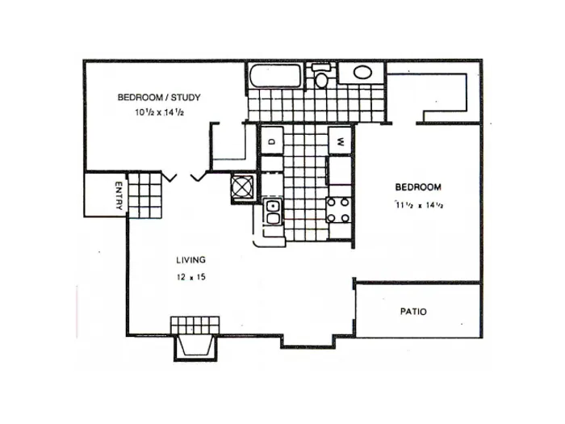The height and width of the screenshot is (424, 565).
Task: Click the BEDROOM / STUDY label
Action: pyautogui.click(x=159, y=98)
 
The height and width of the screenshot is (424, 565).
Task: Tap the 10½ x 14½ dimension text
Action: pyautogui.click(x=161, y=112)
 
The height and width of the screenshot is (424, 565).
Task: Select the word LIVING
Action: pyautogui.click(x=191, y=260)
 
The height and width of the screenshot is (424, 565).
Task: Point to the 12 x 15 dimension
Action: pyautogui.click(x=191, y=276)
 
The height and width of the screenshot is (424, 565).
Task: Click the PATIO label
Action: pyautogui.click(x=413, y=311)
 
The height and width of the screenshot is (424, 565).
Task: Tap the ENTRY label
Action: pyautogui.click(x=119, y=195)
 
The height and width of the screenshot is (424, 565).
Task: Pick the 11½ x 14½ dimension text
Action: pyautogui.click(x=420, y=204)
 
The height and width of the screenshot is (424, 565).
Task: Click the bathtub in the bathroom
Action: pyautogui.click(x=274, y=76)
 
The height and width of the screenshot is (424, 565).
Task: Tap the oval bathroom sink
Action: pyautogui.click(x=362, y=73)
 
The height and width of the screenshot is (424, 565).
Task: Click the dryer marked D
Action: pyautogui.click(x=272, y=141)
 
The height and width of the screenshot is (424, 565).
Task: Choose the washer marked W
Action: pyautogui.click(x=341, y=140)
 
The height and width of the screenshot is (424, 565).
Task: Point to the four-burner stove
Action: pyautogui.click(x=338, y=210)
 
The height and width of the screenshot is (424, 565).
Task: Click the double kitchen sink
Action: pyautogui.click(x=274, y=212)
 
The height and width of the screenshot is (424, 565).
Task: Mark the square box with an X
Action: pyautogui.click(x=244, y=186)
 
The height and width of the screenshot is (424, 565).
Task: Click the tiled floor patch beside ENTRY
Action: pyautogui.click(x=145, y=195)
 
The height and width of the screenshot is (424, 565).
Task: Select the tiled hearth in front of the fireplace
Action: pyautogui.click(x=195, y=325)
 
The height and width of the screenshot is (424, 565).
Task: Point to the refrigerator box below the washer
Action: pyautogui.click(x=338, y=170)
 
